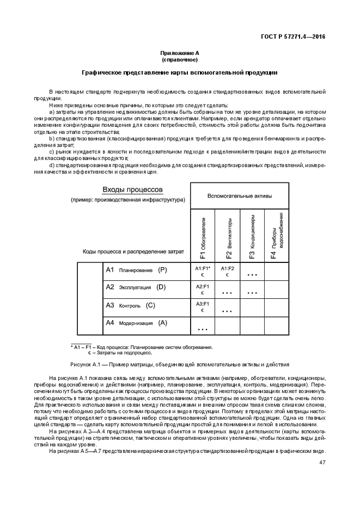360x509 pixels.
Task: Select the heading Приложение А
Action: coord(180,52)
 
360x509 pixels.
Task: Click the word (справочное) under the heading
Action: coord(180,59)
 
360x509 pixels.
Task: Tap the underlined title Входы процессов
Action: coord(133,189)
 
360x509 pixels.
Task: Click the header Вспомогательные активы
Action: coord(240,195)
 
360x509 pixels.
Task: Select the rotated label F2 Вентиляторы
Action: coord(227,237)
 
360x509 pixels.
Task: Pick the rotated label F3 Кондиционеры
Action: coord(252,237)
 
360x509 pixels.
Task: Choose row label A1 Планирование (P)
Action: coord(136,270)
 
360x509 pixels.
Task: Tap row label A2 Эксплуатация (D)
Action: coord(135,287)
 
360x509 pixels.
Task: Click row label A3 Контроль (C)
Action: coord(130,305)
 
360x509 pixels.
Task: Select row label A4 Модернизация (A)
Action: coord(136,323)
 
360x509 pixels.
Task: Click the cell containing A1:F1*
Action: coord(203,271)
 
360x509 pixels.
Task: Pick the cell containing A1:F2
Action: coord(227,271)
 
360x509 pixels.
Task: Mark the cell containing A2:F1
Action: coord(203,289)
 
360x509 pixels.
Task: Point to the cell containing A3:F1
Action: coord(203,306)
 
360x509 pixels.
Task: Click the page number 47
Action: coord(322,462)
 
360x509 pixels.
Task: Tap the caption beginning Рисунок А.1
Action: coord(180,364)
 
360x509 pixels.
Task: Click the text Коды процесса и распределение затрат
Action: coord(133,251)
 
